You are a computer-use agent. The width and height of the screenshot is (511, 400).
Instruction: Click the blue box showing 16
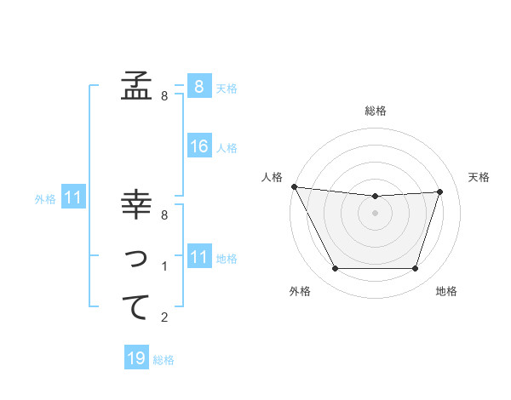[x=199, y=146]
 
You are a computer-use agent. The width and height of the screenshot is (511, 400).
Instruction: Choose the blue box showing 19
[x=136, y=358]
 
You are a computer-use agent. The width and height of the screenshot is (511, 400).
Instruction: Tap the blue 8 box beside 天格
[x=198, y=86]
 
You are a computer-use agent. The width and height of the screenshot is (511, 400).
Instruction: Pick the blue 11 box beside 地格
[x=198, y=256]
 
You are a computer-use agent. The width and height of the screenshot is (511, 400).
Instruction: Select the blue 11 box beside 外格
[x=73, y=198]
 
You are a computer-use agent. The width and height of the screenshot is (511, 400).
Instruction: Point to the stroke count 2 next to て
[x=164, y=318]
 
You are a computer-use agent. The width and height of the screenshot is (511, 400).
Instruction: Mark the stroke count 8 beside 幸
[x=164, y=215]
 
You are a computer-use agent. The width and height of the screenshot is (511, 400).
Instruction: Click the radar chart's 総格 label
[x=376, y=111]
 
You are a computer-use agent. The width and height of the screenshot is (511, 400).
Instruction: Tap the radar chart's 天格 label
[x=479, y=177]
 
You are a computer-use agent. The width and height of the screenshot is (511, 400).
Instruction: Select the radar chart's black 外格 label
[x=300, y=291]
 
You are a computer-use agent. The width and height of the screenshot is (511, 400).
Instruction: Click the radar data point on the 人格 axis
[x=294, y=186]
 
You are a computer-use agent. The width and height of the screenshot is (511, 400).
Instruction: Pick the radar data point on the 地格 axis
[x=416, y=269]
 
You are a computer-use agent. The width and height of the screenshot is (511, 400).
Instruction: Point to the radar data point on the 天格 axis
[x=440, y=191]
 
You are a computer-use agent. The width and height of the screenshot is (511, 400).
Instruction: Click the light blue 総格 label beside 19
[x=164, y=360]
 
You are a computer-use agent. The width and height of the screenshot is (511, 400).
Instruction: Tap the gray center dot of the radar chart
[x=375, y=213]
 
